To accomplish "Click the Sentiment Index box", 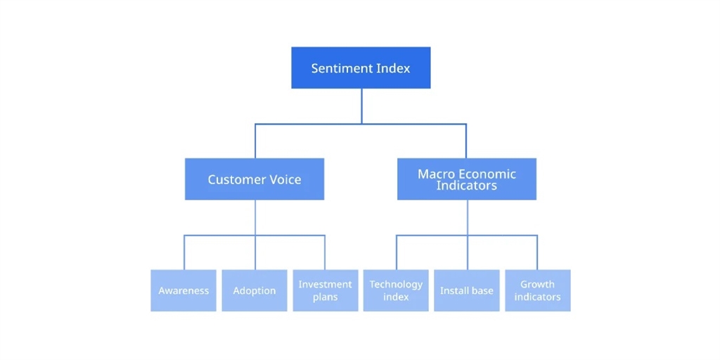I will pyautogui.click(x=361, y=67).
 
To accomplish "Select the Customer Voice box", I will pyautogui.click(x=255, y=179).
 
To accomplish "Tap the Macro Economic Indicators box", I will pyautogui.click(x=466, y=179).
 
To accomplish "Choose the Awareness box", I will pyautogui.click(x=184, y=290).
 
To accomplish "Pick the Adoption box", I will pyautogui.click(x=255, y=290).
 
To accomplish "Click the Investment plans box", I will pyautogui.click(x=325, y=290).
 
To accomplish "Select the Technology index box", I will pyautogui.click(x=396, y=290).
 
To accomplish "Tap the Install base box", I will pyautogui.click(x=467, y=290).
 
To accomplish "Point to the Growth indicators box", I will pyautogui.click(x=537, y=290).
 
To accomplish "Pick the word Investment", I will pyautogui.click(x=325, y=284).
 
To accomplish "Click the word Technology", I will pyautogui.click(x=396, y=284).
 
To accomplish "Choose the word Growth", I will pyautogui.click(x=537, y=284).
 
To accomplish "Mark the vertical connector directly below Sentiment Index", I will pyautogui.click(x=361, y=105).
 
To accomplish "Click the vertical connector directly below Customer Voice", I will pyautogui.click(x=255, y=217).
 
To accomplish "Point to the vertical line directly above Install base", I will pyautogui.click(x=467, y=252).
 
